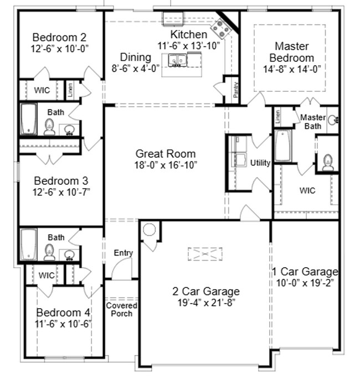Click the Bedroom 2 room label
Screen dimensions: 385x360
pyautogui.click(x=60, y=38)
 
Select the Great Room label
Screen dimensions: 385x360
pyautogui.click(x=166, y=154)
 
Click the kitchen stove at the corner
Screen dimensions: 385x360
pyautogui.click(x=223, y=26)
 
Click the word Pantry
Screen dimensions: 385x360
pyautogui.click(x=236, y=90)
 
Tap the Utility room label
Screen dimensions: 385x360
pyautogui.click(x=260, y=163)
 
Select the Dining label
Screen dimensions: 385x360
pyautogui.click(x=135, y=58)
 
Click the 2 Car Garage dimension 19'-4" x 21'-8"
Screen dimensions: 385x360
pyautogui.click(x=205, y=302)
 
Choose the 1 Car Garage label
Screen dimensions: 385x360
pyautogui.click(x=305, y=272)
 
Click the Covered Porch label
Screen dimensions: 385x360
pyautogui.click(x=122, y=310)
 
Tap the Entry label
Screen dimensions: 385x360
pyautogui.click(x=123, y=253)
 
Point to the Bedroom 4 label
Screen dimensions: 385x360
pyautogui.click(x=63, y=313)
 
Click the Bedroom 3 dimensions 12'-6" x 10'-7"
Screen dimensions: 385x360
pyautogui.click(x=61, y=192)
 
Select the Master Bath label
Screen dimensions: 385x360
pyautogui.click(x=312, y=121)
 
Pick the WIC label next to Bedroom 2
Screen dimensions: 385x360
pyautogui.click(x=42, y=90)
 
